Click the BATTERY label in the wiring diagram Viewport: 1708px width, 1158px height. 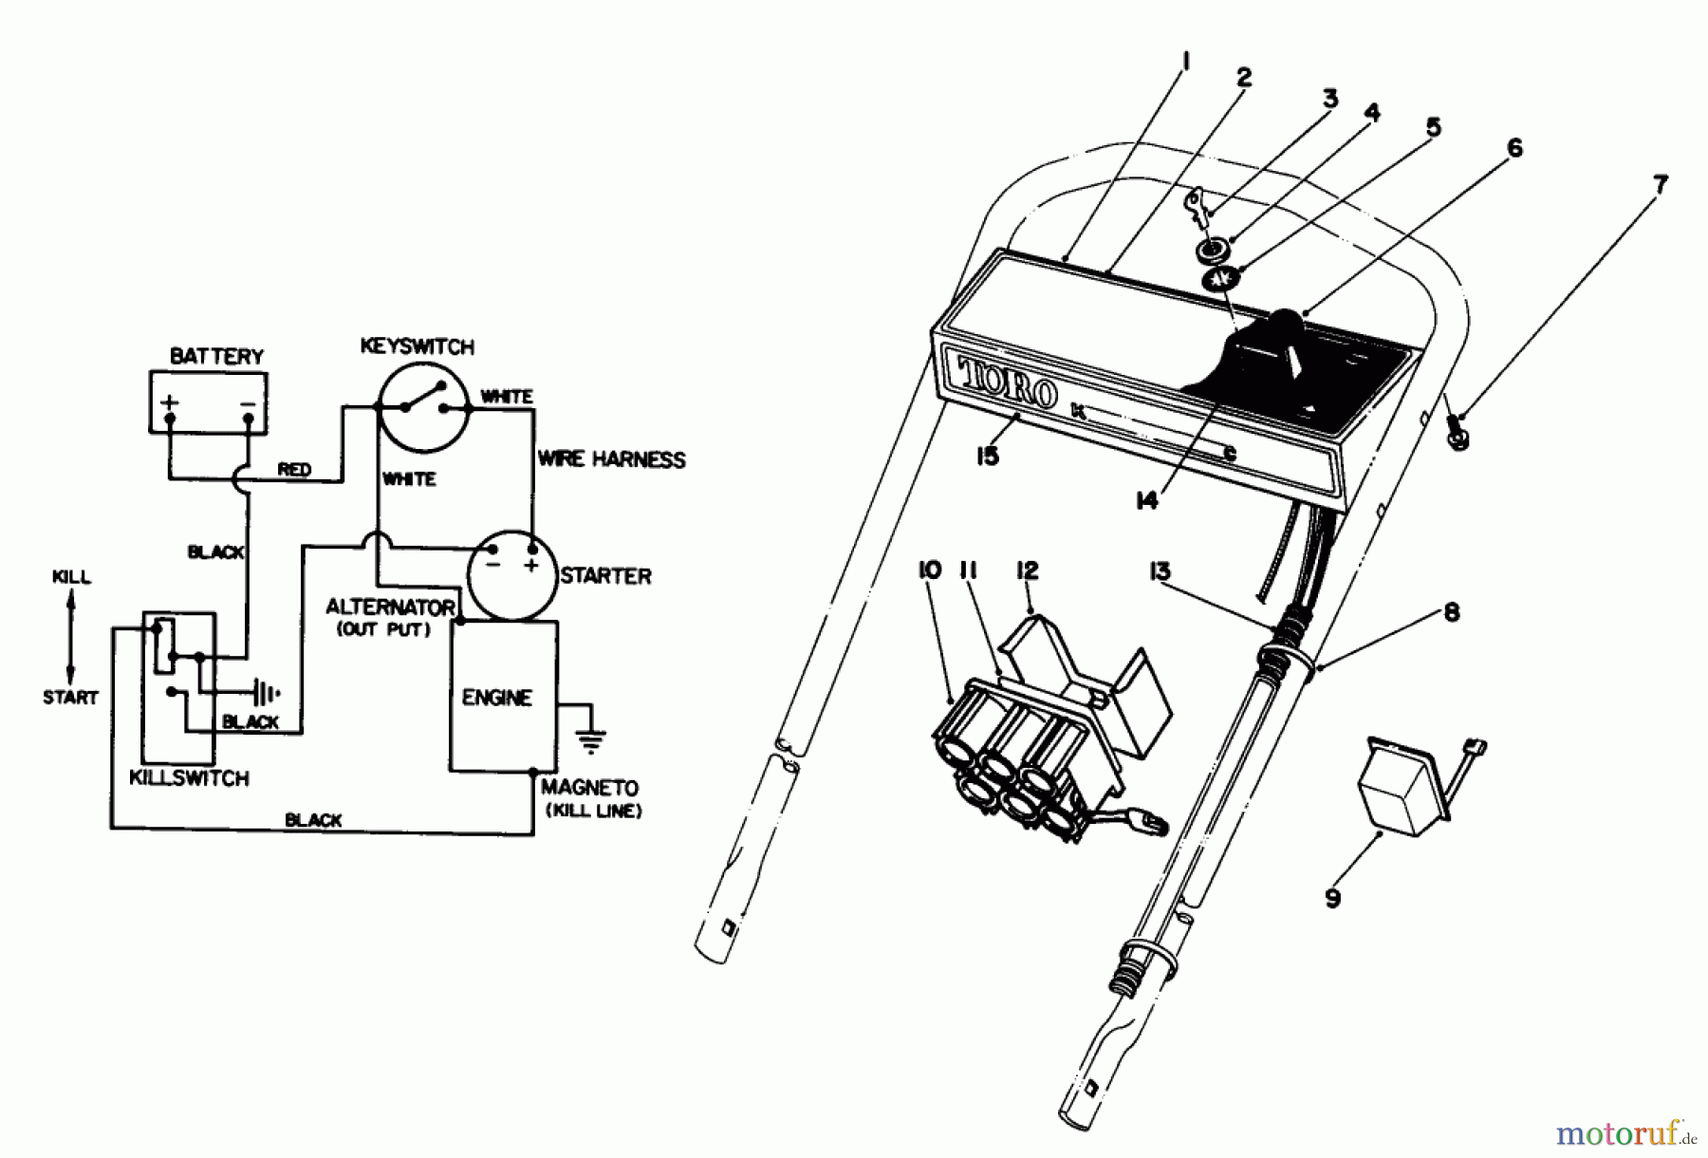(x=215, y=356)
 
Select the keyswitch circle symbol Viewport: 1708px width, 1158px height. (x=423, y=407)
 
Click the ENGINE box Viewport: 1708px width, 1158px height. (x=496, y=698)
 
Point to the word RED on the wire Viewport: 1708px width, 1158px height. (x=294, y=469)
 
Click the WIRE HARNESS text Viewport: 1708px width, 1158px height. (x=611, y=459)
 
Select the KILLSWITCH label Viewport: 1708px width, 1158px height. (x=189, y=778)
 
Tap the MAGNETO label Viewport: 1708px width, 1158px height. (x=589, y=788)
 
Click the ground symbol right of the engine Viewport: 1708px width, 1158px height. (x=591, y=738)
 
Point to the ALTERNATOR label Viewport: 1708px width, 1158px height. (x=390, y=607)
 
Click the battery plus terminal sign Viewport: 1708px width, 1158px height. (x=169, y=402)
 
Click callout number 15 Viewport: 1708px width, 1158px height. (x=987, y=457)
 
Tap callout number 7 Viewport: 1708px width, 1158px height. (x=1659, y=184)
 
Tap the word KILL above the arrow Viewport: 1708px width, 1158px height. (x=71, y=577)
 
